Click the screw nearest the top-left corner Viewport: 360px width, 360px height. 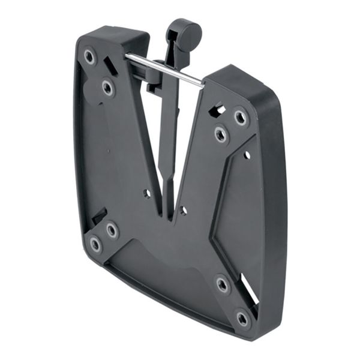[89, 57]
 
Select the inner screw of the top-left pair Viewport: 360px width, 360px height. [107, 88]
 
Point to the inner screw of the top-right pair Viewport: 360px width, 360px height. [220, 134]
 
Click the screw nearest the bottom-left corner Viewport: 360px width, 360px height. [95, 244]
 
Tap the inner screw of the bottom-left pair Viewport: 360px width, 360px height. [112, 229]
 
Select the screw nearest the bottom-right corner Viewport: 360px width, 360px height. [242, 317]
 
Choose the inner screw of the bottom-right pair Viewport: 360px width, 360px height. [223, 285]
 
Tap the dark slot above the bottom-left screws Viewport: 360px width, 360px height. [99, 214]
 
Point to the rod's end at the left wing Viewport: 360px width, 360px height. [127, 56]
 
